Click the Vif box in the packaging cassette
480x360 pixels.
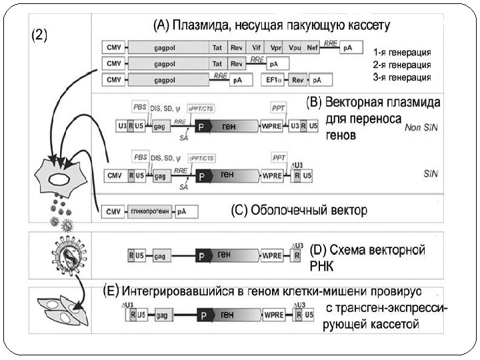(x=257, y=48)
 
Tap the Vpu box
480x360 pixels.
(x=295, y=48)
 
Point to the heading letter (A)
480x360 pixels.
(x=160, y=25)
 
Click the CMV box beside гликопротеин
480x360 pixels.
(x=111, y=212)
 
